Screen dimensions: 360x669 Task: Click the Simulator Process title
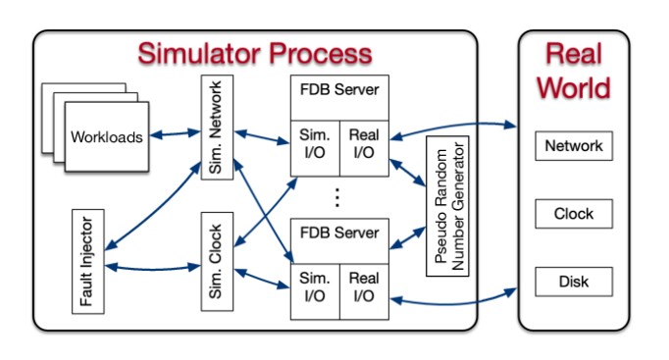pos(255,53)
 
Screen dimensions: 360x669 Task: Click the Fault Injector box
pos(88,260)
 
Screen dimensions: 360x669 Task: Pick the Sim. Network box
pos(216,127)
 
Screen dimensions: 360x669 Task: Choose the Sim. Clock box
pos(216,261)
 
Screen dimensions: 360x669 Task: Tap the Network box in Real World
pos(574,146)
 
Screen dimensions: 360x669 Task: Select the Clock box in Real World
pos(574,214)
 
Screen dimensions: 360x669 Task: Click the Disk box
pos(574,283)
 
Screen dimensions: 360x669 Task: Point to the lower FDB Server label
pos(338,234)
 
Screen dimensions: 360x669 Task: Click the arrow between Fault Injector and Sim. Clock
pos(152,265)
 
